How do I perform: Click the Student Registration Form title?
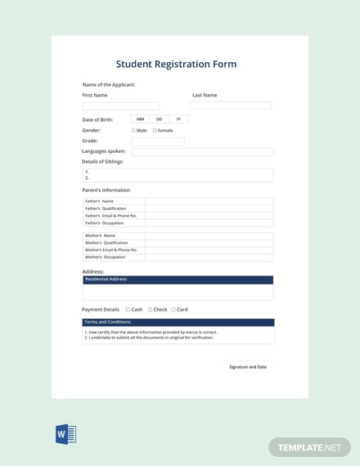(x=176, y=64)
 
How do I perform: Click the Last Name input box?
(x=231, y=105)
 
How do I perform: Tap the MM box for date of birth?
(x=141, y=119)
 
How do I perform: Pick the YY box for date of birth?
(x=178, y=119)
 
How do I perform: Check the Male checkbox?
(x=133, y=130)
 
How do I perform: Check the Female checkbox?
(x=155, y=130)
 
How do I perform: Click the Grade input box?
(x=158, y=141)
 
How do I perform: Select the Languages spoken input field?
(x=203, y=152)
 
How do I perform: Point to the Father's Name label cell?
(x=114, y=201)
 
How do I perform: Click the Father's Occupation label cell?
(x=114, y=223)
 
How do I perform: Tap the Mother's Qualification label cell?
(x=114, y=243)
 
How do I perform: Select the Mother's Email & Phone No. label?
(x=114, y=250)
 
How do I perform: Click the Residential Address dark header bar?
(x=178, y=279)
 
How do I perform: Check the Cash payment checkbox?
(x=128, y=310)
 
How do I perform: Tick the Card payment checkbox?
(x=173, y=310)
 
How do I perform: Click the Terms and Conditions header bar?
(x=178, y=322)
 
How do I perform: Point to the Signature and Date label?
(x=248, y=367)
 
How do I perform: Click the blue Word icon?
(x=65, y=433)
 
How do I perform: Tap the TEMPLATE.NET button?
(x=308, y=446)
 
